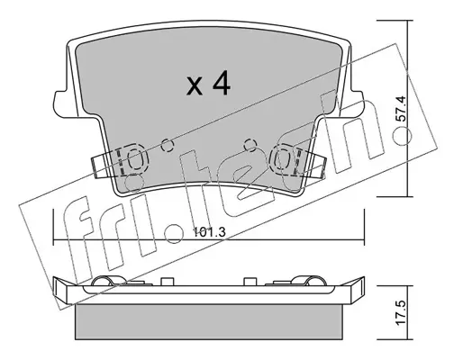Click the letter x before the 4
pyautogui.click(x=195, y=86)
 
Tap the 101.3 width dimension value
pyautogui.click(x=208, y=232)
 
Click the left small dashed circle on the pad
pyautogui.click(x=168, y=146)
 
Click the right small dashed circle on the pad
pyautogui.click(x=250, y=146)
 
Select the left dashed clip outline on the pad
pyautogui.click(x=133, y=159)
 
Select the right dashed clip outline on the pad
pyautogui.click(x=285, y=159)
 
